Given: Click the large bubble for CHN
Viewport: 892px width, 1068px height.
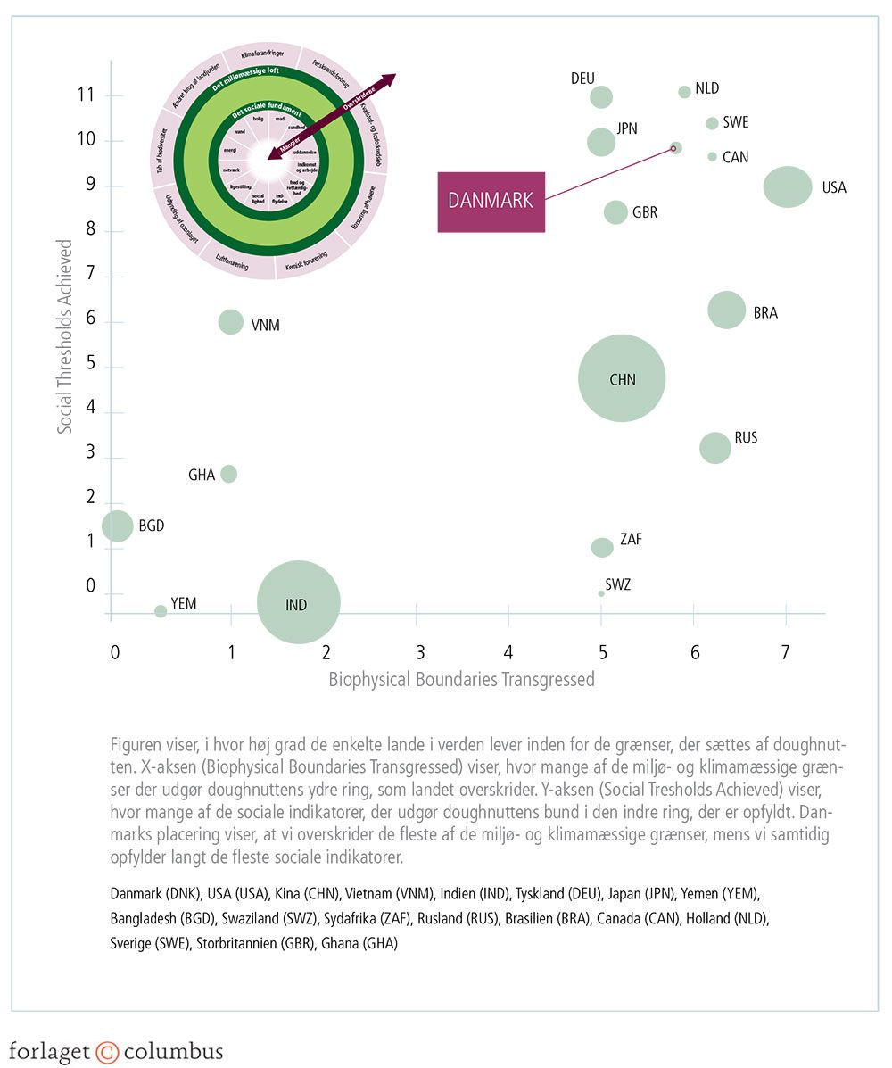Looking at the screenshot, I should coord(622,378).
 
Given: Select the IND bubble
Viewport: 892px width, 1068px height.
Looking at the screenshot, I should coord(298,602).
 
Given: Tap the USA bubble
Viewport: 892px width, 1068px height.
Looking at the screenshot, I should coord(788,186).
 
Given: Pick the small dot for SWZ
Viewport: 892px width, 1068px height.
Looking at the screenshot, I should coord(601,593).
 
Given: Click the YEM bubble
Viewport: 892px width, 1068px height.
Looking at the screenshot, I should coord(161,611).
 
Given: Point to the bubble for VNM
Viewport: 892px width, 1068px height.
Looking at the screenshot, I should coord(231,322).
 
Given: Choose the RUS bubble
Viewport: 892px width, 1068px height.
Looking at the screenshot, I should coord(714,448).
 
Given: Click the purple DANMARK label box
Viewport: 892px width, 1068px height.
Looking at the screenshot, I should coord(491,201).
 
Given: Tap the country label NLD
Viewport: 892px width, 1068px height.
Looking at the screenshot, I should coord(707,88).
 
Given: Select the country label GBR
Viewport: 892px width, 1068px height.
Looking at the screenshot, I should coord(645,213).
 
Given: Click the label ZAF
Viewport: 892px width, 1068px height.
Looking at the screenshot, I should coord(631,539).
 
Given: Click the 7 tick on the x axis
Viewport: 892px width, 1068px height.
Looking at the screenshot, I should coord(785,652).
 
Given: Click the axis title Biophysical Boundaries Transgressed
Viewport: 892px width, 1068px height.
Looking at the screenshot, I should coord(461,680).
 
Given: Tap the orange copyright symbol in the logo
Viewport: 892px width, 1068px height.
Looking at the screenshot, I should coord(107,1051).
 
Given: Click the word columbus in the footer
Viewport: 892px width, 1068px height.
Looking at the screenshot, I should coord(173,1051).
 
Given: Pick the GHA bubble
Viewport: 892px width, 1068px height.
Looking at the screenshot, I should coord(228,474).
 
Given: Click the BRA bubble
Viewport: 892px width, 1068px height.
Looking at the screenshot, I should coord(727,310).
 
